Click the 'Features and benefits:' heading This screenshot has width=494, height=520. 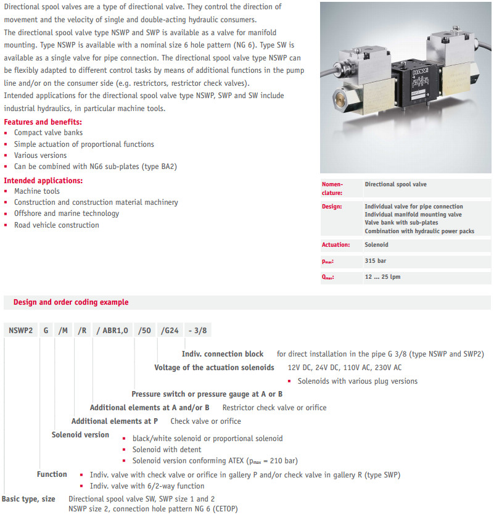[x=43, y=122]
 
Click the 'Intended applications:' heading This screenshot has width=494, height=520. [x=43, y=180]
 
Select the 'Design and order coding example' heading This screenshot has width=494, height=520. [x=71, y=302]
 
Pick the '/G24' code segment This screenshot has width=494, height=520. [x=169, y=331]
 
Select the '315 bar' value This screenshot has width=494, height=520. [x=376, y=261]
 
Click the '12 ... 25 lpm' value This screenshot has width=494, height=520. [x=382, y=276]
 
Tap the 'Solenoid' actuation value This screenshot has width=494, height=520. [x=377, y=245]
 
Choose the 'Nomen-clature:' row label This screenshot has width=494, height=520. [x=332, y=188]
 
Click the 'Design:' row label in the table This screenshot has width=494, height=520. [x=332, y=207]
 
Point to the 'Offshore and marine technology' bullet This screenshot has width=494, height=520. [x=67, y=213]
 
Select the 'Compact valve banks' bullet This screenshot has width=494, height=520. [x=48, y=133]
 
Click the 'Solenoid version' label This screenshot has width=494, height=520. [x=80, y=435]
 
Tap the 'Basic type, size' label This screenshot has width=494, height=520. [x=28, y=498]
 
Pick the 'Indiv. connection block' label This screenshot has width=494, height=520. [x=223, y=354]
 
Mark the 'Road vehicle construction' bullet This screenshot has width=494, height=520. [x=56, y=225]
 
